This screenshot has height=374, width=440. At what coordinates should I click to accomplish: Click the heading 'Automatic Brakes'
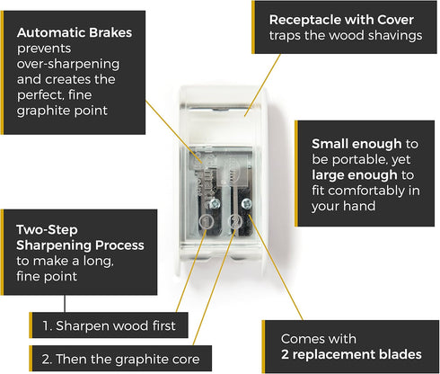click(75, 32)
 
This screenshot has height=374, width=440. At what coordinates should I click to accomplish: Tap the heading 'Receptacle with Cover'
click(341, 20)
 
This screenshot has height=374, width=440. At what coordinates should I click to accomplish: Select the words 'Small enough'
click(356, 144)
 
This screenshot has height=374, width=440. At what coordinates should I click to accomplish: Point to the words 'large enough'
click(355, 175)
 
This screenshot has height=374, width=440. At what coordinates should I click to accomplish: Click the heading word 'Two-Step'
click(47, 230)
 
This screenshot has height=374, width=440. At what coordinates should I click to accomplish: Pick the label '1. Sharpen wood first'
click(109, 325)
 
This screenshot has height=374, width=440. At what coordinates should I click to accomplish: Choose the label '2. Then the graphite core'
click(120, 359)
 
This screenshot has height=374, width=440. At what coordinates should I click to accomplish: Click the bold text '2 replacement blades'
click(351, 354)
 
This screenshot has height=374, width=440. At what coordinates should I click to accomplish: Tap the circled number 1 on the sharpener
click(207, 222)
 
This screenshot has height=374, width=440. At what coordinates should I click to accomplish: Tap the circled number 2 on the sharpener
click(235, 222)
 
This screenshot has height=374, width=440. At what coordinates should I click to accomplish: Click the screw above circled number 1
click(215, 204)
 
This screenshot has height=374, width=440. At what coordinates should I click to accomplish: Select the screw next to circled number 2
click(246, 204)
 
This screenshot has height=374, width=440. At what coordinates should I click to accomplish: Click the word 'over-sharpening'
click(68, 64)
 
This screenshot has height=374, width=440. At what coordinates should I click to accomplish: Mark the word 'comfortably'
click(366, 191)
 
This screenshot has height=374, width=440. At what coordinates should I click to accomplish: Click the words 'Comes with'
click(319, 339)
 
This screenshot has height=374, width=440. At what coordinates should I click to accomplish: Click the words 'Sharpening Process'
click(80, 245)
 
